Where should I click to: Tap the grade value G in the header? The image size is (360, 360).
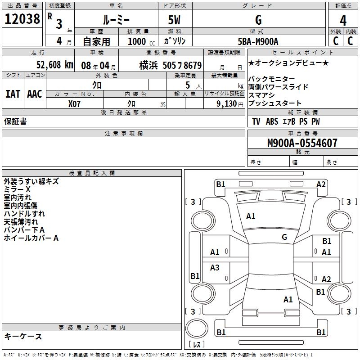tap(258, 20)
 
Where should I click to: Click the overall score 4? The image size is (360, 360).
tap(343, 20)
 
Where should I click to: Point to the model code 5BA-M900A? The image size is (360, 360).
tap(258, 41)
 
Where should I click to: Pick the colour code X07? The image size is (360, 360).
tap(75, 103)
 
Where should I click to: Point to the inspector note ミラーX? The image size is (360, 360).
tap(17, 189)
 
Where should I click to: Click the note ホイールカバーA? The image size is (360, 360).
tap(31, 238)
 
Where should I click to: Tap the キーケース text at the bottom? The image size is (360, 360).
tap(23, 336)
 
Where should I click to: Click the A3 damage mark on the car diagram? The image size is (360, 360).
tap(215, 268)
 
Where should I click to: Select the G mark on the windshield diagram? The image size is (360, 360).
tap(284, 237)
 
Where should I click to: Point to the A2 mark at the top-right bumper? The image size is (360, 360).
tap(321, 184)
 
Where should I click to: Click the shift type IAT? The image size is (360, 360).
tap(13, 94)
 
